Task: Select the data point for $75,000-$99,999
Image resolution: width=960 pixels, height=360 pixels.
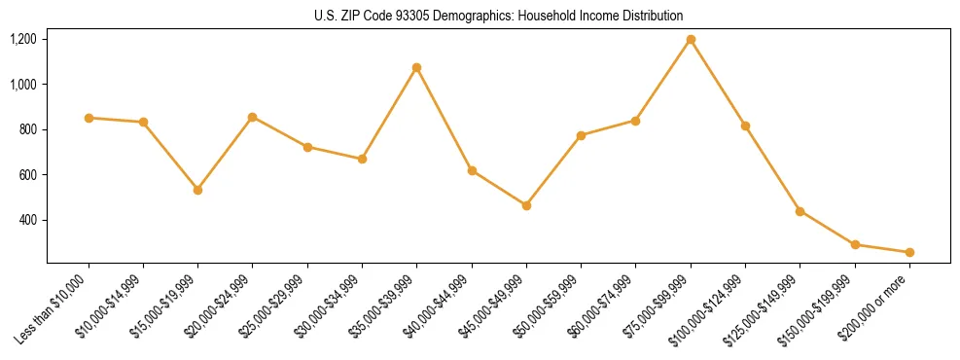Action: [691, 40]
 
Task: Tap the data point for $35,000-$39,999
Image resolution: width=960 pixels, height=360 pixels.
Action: [416, 68]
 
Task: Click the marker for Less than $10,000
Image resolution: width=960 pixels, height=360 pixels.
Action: [89, 118]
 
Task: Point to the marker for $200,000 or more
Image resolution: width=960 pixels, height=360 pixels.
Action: [909, 252]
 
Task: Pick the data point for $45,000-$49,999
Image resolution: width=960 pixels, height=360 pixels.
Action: [526, 205]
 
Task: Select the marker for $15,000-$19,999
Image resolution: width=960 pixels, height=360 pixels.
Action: [197, 190]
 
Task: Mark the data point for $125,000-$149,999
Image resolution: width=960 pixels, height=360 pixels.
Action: [800, 211]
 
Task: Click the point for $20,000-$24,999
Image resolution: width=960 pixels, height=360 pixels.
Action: [253, 117]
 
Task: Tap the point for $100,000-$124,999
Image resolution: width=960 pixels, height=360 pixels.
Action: [745, 126]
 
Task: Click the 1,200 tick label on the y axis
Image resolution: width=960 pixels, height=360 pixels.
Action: [23, 40]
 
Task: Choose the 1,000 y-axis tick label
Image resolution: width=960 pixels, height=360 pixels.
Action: [23, 85]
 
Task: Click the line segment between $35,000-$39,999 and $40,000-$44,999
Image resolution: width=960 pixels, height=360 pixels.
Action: [444, 120]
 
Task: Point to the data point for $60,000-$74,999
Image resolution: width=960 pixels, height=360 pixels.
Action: [635, 121]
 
